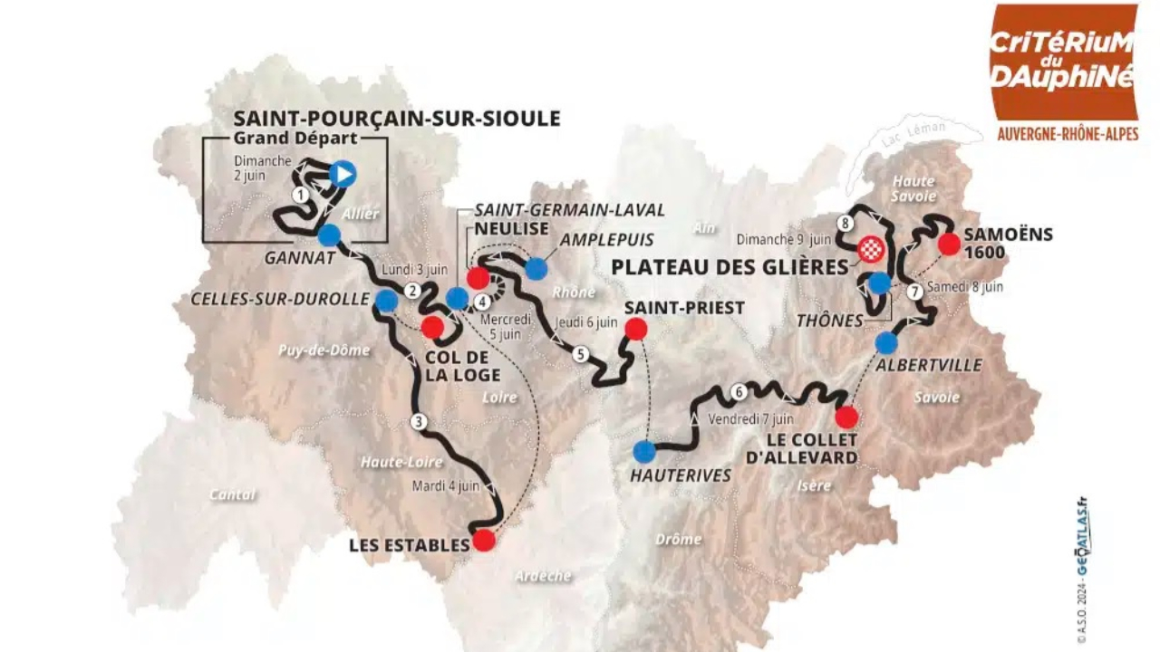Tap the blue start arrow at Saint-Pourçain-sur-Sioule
pos(343,173)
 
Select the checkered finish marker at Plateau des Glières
pos(871,249)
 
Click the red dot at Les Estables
pos(484,541)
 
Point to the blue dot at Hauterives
pos(644,450)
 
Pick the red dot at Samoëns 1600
pos(949,244)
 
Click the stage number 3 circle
pos(418,420)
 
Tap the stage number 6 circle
pos(739,392)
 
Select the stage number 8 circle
pos(846,223)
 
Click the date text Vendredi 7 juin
pos(751,419)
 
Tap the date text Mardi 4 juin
pos(445,485)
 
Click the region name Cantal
pos(232,494)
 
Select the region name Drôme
pos(679,539)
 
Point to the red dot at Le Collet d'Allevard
pos(846,417)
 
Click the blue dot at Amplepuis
pos(536,268)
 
